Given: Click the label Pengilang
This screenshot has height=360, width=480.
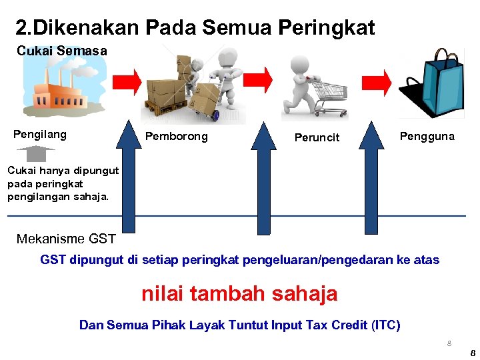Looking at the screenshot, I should (40, 135).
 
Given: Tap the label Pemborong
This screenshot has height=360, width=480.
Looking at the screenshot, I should (176, 137).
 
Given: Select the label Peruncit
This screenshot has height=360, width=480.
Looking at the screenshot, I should (317, 138).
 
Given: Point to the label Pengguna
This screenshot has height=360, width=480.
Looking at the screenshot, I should (427, 137).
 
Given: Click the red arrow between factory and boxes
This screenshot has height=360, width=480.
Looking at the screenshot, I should (127, 81).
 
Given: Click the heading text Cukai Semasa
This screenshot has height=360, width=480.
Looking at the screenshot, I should (61, 51).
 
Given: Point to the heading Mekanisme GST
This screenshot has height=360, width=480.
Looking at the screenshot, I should (66, 239).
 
